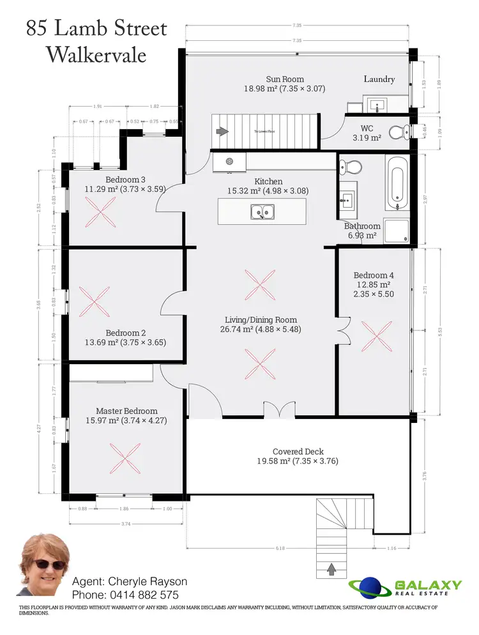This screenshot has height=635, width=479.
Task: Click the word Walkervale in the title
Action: [96, 54]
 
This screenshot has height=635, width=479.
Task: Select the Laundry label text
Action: [379, 79]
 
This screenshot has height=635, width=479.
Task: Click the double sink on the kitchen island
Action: [261, 211]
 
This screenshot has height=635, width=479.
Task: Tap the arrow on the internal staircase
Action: [222, 132]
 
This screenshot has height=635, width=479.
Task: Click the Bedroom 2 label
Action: [126, 333]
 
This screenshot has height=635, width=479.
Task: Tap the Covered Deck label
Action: [298, 452]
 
